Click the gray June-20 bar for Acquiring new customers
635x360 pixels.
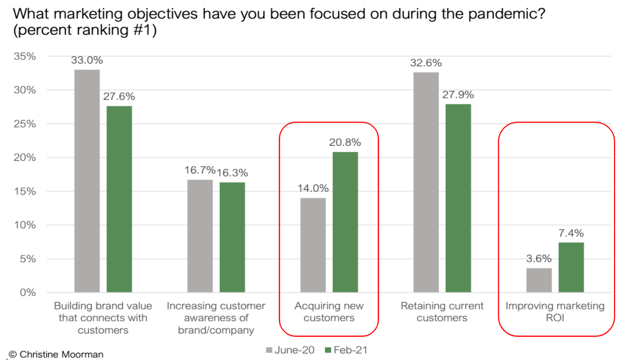313,245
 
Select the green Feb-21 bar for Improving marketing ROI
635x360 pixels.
571,267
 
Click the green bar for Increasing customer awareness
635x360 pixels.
232,237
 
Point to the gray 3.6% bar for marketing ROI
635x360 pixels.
539,280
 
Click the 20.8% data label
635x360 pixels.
345,143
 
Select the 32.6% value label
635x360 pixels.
425,63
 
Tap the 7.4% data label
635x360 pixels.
571,233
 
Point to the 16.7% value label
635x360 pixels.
199,170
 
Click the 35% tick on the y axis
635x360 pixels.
25,56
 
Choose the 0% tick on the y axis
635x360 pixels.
28,293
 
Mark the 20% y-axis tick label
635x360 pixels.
25,158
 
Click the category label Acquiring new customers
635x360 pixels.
329,312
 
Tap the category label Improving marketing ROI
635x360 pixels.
555,312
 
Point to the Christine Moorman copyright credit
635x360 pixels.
56,354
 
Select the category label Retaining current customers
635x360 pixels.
442,312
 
